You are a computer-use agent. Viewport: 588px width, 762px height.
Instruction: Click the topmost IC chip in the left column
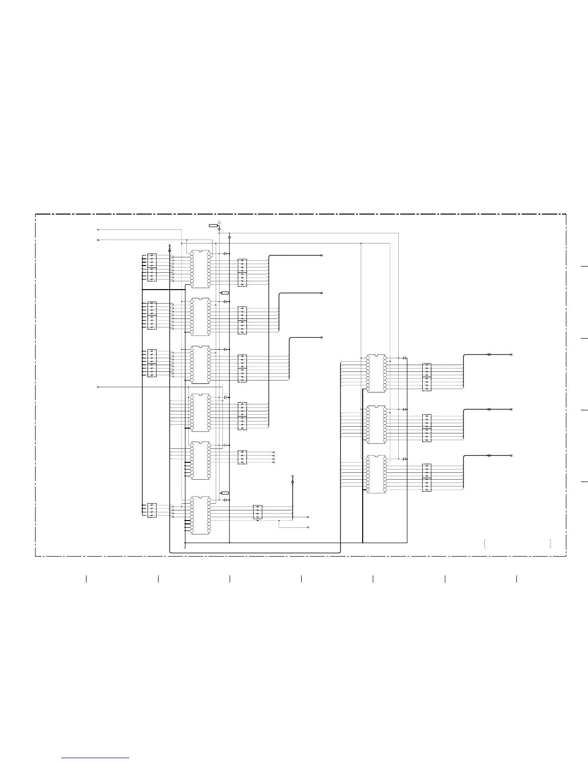(200, 268)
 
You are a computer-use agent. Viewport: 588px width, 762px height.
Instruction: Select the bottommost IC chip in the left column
(200, 515)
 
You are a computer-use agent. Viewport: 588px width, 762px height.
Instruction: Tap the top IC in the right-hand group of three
(376, 373)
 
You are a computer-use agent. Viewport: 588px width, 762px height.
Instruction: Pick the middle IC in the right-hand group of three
(376, 424)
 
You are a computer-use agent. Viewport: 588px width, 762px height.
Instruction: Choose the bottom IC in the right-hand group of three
(376, 474)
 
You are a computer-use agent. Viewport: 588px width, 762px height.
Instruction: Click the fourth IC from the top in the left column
(200, 412)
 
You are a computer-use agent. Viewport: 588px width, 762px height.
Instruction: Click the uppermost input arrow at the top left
(98, 230)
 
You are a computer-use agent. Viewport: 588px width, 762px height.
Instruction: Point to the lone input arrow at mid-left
(98, 387)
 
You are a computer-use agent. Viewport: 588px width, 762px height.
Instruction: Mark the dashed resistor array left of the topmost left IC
(152, 267)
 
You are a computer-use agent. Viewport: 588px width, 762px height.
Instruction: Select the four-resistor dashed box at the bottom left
(152, 510)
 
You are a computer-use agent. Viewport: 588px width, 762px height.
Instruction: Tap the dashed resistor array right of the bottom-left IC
(257, 512)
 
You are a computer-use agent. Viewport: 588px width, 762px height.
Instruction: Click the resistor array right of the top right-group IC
(427, 377)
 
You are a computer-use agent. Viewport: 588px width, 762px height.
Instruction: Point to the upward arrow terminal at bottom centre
(293, 480)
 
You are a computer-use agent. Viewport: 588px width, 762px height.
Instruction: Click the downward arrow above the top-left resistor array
(170, 250)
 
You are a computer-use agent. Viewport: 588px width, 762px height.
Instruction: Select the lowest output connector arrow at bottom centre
(307, 528)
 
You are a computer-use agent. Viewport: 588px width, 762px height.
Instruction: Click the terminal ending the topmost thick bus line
(321, 255)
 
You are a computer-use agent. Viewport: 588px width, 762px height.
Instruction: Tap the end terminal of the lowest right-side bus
(511, 455)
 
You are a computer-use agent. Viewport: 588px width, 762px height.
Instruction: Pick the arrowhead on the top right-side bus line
(489, 355)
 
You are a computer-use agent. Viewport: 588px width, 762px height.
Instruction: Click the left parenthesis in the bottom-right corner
(486, 544)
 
